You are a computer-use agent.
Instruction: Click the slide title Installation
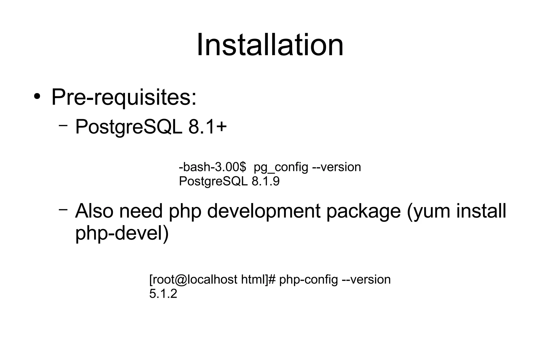(x=270, y=45)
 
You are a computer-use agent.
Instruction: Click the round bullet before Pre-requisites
(x=37, y=97)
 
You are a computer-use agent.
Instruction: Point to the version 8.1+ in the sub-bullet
(x=208, y=127)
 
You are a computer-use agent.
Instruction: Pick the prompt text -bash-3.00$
(x=212, y=167)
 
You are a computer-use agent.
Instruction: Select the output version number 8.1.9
(x=266, y=181)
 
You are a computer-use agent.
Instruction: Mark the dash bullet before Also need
(x=63, y=209)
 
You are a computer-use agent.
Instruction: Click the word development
(x=264, y=212)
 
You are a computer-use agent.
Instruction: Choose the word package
(x=364, y=212)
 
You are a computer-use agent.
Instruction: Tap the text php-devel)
(x=122, y=234)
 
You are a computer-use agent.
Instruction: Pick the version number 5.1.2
(x=163, y=294)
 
